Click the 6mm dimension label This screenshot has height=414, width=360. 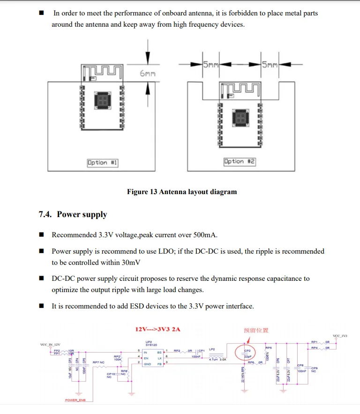coord(147,74)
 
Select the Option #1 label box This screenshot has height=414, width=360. coord(102,163)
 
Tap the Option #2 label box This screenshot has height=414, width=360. coord(240,161)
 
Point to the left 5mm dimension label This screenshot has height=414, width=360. coord(211,65)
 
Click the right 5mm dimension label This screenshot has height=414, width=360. coord(270,65)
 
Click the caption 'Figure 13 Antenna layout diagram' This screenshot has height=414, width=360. coord(182,192)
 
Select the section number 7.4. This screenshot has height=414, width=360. coord(45,215)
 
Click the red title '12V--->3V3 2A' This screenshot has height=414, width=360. coord(157,329)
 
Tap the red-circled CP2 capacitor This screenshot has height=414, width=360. coord(247,354)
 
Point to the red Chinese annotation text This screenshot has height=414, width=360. coord(256,330)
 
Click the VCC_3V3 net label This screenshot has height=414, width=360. coord(340,336)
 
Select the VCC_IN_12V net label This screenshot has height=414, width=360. coord(51,345)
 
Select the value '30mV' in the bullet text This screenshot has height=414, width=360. coord(129,263)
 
